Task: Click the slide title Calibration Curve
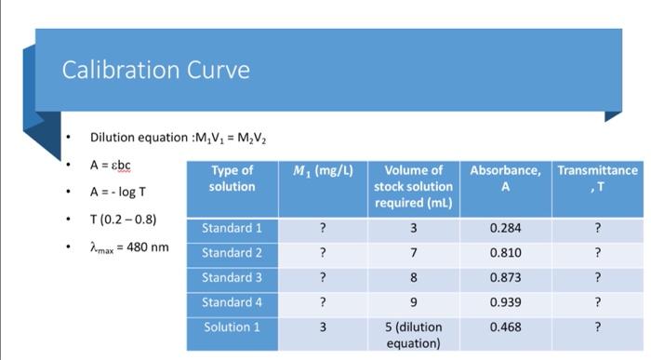click(155, 70)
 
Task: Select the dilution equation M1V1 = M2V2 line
click(178, 138)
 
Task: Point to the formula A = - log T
click(118, 193)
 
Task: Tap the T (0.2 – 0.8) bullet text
click(123, 220)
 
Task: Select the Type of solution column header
click(232, 178)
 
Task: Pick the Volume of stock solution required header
click(413, 186)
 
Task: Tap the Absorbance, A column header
click(505, 178)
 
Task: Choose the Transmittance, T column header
click(597, 178)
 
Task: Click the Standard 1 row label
click(232, 228)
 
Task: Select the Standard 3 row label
click(232, 277)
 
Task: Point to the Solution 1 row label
click(232, 327)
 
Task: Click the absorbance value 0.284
click(505, 228)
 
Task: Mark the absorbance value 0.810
click(505, 252)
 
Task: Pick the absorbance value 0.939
click(505, 302)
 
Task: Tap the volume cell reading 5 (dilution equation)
click(413, 334)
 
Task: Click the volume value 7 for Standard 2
click(413, 252)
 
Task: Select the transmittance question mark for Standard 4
click(597, 302)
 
